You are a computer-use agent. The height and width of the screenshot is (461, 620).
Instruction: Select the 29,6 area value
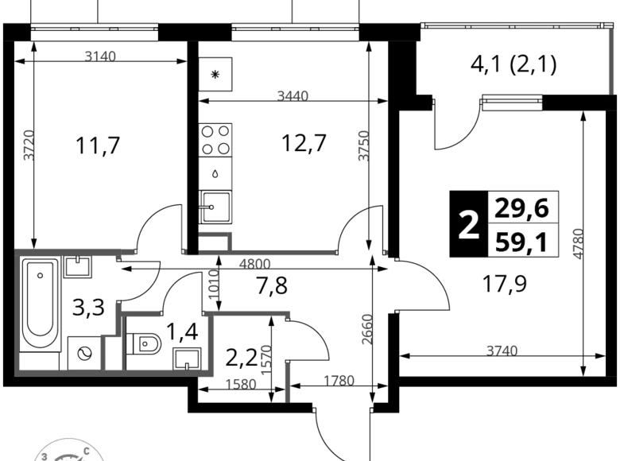521,208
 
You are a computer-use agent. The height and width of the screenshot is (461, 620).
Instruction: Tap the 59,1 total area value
521,242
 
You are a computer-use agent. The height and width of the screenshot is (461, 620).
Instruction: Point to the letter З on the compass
45,456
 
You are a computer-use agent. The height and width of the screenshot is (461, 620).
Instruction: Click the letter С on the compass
96,450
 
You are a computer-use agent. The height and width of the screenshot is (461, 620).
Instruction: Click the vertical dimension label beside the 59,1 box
579,242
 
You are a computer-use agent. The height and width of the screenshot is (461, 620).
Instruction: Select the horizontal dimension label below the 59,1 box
502,349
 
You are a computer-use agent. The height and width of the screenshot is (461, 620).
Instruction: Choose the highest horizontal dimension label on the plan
101,56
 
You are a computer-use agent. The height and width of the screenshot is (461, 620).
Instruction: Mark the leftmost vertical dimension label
28,146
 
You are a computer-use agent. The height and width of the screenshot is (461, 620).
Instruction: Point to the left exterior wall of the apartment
17,310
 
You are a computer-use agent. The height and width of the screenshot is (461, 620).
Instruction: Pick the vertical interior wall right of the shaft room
210,342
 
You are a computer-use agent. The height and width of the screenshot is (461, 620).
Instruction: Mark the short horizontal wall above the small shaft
139,310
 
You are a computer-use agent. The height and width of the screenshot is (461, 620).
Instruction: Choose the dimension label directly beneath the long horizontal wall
257,265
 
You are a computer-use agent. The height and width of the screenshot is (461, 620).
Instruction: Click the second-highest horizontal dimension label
293,96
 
